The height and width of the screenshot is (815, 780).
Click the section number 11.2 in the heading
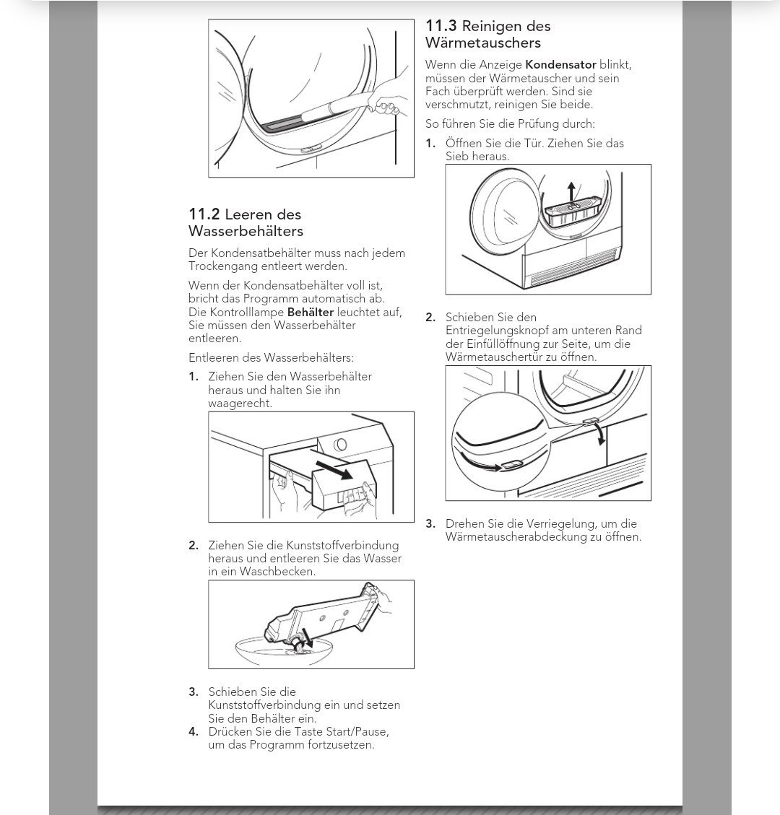point(204,214)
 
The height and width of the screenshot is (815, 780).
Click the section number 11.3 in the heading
point(440,27)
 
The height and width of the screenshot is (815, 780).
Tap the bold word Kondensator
point(560,65)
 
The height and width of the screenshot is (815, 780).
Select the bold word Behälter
point(311,313)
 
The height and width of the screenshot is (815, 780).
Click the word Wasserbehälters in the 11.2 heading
point(246,232)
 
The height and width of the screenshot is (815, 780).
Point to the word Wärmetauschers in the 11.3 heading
point(483,43)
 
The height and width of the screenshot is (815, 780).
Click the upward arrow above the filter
point(571,191)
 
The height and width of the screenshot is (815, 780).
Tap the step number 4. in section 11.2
point(194,732)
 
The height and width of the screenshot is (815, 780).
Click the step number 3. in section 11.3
point(430,524)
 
